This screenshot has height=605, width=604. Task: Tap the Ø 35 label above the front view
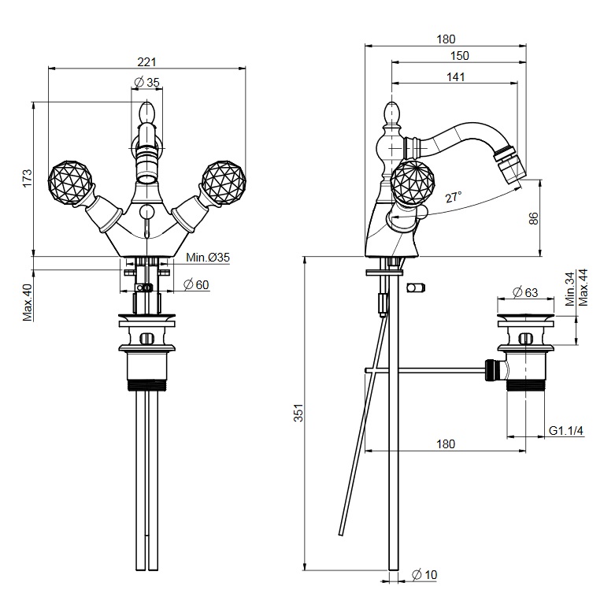coord(146,82)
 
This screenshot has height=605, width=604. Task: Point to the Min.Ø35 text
coord(208,258)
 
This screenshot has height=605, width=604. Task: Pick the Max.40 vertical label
coord(27,302)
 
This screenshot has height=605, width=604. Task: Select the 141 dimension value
coord(454,76)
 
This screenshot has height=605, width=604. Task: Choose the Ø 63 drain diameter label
coord(525,292)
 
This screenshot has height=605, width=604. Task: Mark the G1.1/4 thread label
coord(565,431)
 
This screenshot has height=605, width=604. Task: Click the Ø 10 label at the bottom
coord(425,575)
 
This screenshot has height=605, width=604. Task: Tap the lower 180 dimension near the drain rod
coord(445,444)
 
